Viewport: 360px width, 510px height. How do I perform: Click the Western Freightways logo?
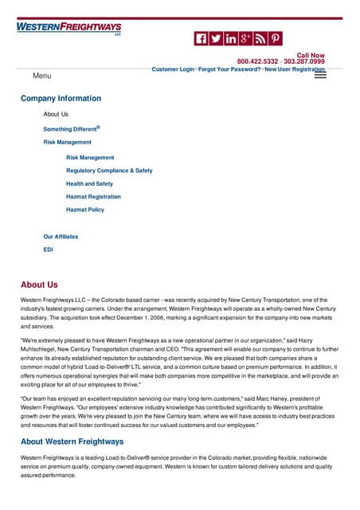coord(68,28)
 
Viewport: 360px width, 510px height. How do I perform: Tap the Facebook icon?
coord(202,38)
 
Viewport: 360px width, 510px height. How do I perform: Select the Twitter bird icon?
coord(216,38)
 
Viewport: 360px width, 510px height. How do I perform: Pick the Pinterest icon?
coord(275,38)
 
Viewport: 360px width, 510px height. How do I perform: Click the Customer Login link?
coord(173,69)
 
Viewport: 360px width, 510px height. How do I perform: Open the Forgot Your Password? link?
coord(229,69)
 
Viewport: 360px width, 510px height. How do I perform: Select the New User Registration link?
coord(295,69)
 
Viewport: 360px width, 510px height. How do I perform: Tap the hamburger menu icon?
coord(321,75)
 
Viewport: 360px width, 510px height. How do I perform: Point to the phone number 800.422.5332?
coord(257,61)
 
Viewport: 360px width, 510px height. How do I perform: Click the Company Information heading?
coord(61,99)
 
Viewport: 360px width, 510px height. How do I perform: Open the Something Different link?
coord(71,128)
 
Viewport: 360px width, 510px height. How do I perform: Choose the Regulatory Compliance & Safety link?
coord(109,171)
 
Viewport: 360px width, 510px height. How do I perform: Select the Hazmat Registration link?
coord(93,196)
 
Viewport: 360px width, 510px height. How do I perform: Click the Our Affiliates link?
coord(61,237)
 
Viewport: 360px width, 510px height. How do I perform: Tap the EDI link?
coord(49,249)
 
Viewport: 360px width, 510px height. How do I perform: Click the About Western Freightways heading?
coord(72,441)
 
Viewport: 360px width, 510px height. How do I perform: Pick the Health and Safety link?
coord(89,183)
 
